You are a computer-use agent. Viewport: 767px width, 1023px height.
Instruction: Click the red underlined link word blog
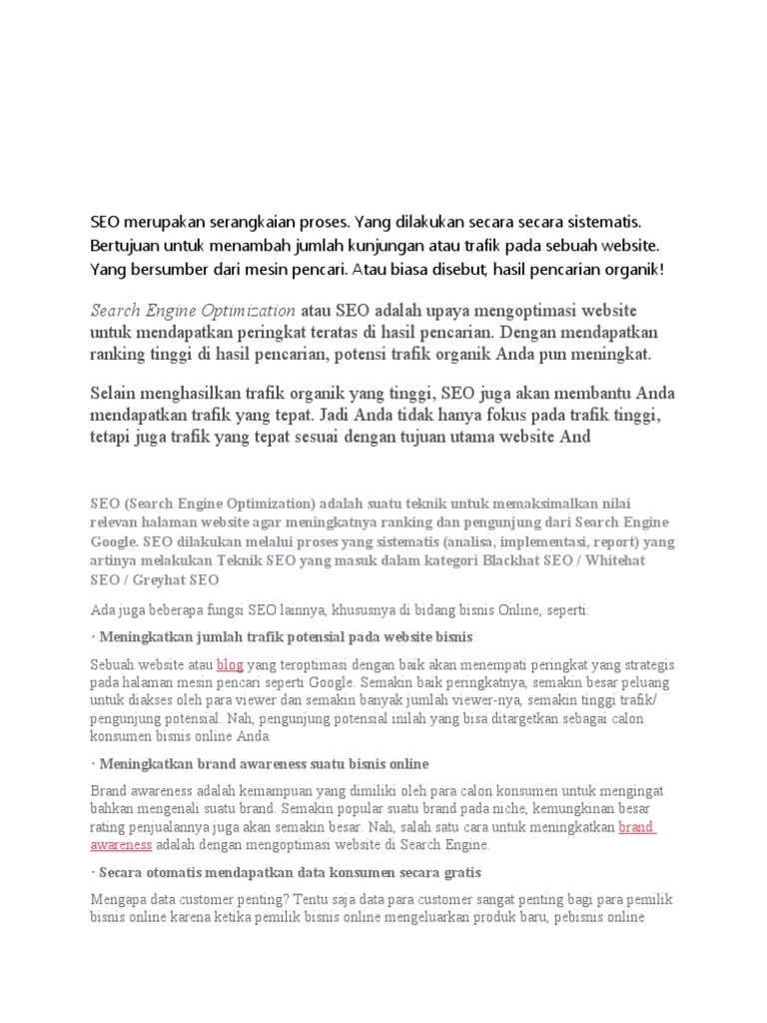click(x=231, y=664)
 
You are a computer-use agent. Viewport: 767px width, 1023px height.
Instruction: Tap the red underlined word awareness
click(x=122, y=844)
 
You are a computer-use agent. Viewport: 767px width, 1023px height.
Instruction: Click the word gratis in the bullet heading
click(x=462, y=873)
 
